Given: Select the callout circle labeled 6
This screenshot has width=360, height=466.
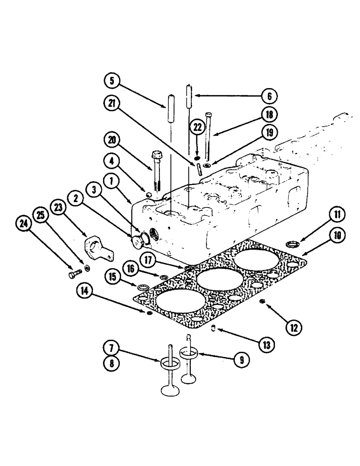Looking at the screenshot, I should [269, 96].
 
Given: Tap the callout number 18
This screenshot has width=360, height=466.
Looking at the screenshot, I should [269, 114].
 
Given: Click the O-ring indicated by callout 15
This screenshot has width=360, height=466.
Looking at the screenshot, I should [143, 286].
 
